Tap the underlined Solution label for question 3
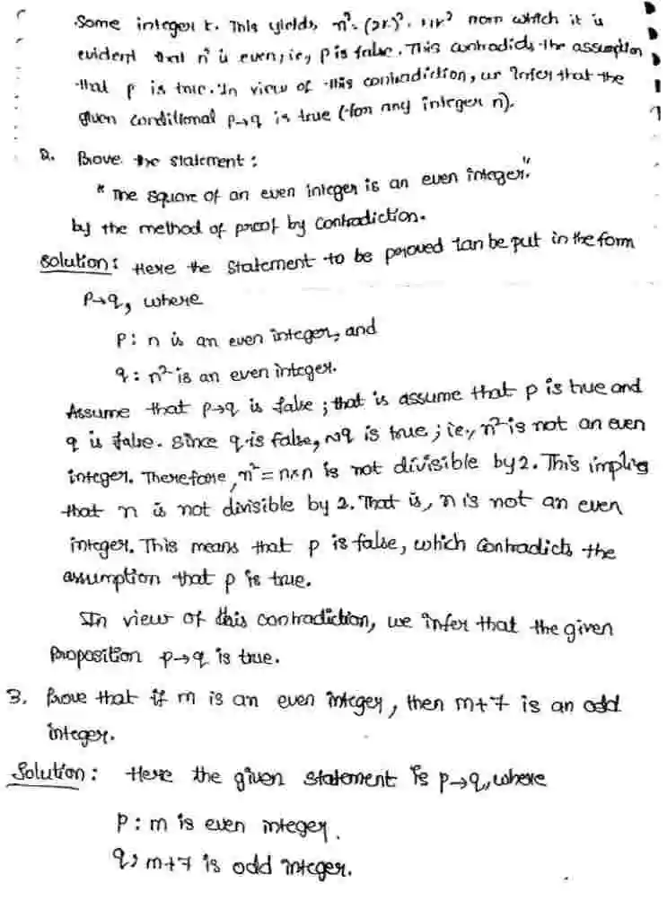[x=62, y=773]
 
